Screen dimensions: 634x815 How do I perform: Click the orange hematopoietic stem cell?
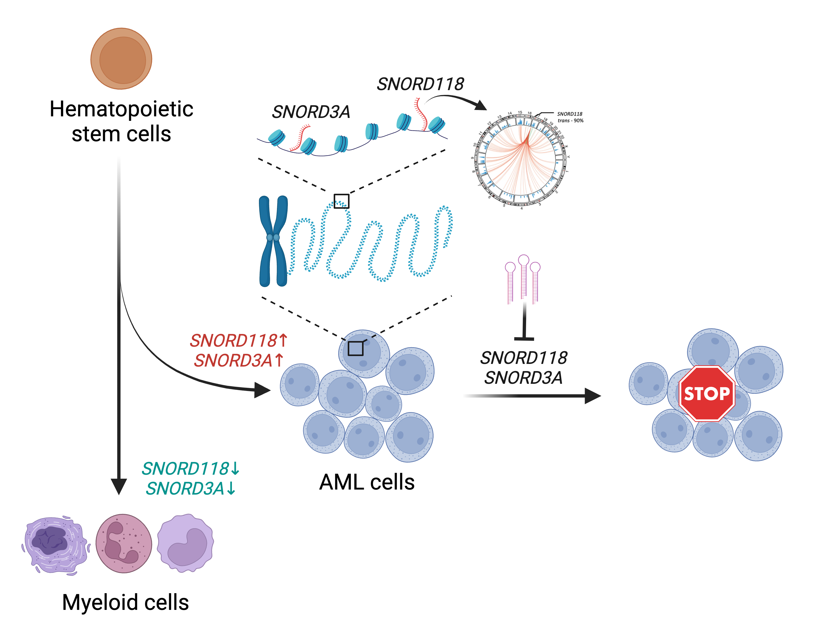point(121,59)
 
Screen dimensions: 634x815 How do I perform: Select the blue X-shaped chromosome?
point(273,241)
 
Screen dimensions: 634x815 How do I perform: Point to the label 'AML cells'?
point(367,482)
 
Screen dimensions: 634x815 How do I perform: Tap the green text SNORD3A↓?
point(191,488)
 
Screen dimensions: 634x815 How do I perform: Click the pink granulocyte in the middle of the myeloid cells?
point(124,543)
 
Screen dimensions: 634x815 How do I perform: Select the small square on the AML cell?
point(355,348)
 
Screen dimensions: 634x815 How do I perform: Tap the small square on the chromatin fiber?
point(341,201)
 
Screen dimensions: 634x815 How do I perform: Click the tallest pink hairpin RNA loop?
point(523,260)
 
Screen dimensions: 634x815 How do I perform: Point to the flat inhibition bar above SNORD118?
point(524,339)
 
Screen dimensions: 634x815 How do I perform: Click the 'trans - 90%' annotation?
point(570,121)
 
